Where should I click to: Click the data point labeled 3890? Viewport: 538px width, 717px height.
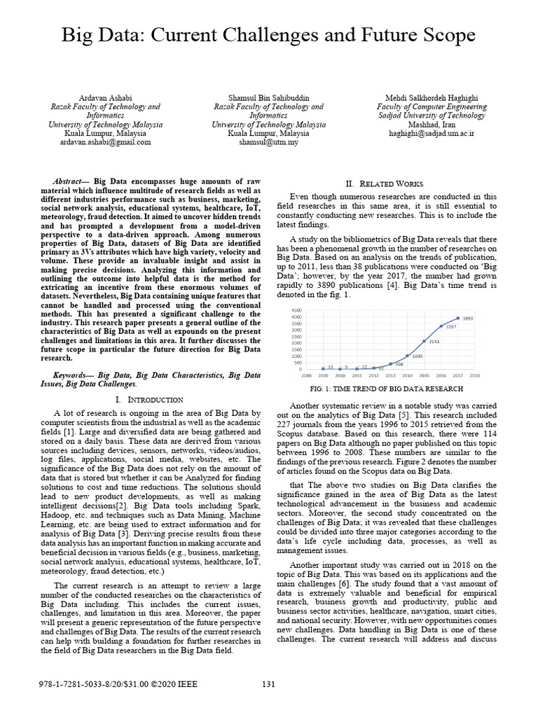pyautogui.click(x=458, y=319)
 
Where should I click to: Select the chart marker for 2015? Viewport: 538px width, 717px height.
pyautogui.click(x=425, y=341)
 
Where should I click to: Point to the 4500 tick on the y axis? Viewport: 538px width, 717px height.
pyautogui.click(x=296, y=309)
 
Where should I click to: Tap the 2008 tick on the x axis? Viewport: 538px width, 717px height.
pyautogui.click(x=306, y=375)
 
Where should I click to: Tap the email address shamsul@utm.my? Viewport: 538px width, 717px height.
pyautogui.click(x=268, y=142)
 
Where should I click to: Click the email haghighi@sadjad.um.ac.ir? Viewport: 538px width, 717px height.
pyautogui.click(x=432, y=133)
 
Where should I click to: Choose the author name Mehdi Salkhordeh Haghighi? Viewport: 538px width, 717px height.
pyautogui.click(x=432, y=97)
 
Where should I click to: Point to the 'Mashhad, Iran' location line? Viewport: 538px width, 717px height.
pyautogui.click(x=432, y=124)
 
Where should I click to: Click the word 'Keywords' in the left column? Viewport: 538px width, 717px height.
pyautogui.click(x=73, y=375)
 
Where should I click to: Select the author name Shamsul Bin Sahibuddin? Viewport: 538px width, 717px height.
pyautogui.click(x=268, y=97)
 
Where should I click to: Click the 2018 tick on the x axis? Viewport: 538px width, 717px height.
pyautogui.click(x=474, y=375)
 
